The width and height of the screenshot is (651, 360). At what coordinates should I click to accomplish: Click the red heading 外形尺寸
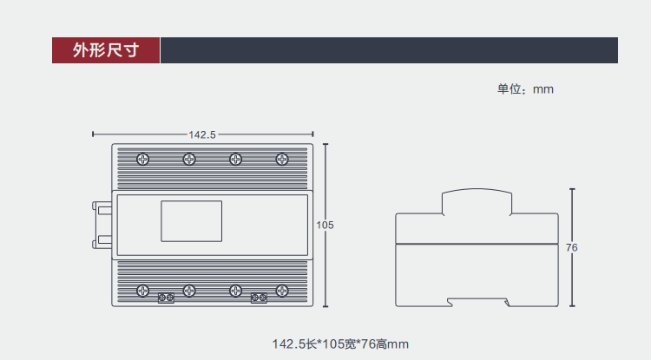[x=106, y=50]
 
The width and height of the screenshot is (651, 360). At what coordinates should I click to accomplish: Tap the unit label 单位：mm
[x=525, y=89]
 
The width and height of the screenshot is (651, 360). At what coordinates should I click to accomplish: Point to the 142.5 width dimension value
[x=202, y=134]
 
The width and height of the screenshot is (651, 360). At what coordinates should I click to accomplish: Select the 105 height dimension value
[x=325, y=225]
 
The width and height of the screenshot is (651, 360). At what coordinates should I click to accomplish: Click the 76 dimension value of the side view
[x=572, y=247]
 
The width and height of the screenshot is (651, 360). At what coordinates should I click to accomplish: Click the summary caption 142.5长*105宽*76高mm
[x=340, y=344]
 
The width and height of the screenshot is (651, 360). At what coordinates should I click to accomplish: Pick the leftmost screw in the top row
[x=143, y=160]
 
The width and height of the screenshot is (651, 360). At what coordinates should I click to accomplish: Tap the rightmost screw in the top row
[x=282, y=160]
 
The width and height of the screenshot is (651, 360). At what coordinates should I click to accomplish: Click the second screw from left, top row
[x=189, y=160]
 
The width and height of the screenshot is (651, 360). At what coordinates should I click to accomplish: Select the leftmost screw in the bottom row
[x=143, y=291]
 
